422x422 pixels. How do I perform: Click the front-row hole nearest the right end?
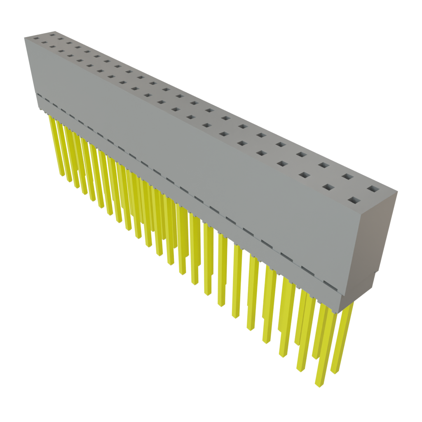354,201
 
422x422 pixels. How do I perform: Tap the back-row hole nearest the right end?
373,189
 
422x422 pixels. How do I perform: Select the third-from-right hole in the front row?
304,175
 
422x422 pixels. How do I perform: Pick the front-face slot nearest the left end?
39,96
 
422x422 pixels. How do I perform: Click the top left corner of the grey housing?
25,37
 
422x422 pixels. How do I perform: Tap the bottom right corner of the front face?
340,311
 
